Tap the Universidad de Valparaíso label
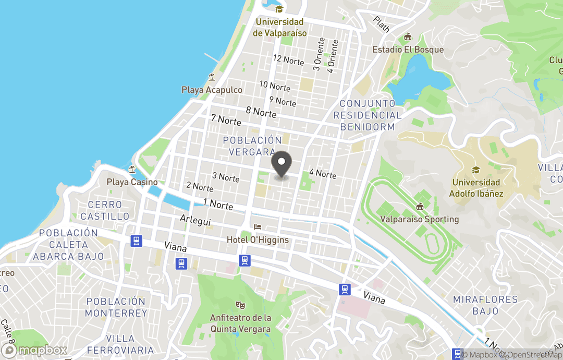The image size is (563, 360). click(x=279, y=27)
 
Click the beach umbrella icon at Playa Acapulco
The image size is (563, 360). click(x=212, y=77)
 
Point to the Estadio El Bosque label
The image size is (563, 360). click(x=408, y=50)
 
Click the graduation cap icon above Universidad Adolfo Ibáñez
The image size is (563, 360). click(x=475, y=170)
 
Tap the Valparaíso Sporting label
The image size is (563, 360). click(x=420, y=219)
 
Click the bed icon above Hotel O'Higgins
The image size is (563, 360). click(x=258, y=227)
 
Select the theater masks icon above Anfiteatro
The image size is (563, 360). click(x=240, y=304)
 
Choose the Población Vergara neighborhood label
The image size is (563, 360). click(x=252, y=146)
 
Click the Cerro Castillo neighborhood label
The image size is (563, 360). click(x=105, y=210)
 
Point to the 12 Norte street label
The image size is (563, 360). click(x=288, y=61)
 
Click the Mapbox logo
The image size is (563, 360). click(x=34, y=350)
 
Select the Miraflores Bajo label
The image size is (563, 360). click(x=485, y=305)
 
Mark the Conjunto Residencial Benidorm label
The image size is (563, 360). click(x=368, y=115)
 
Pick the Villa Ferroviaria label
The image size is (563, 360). click(x=120, y=344)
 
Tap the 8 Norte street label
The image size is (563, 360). click(x=261, y=112)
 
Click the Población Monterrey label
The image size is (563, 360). click(x=116, y=307)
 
